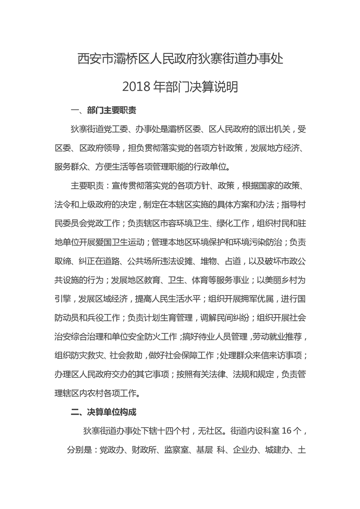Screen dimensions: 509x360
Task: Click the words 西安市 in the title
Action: (91, 59)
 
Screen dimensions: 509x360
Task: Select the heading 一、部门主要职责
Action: (104, 111)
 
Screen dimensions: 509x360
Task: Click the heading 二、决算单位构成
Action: (104, 412)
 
